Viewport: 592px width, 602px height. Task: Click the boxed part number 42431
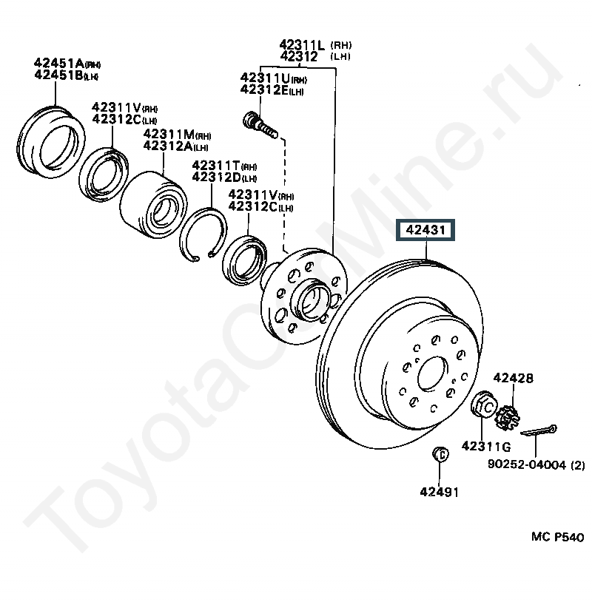point(425,230)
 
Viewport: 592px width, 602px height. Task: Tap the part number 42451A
point(58,63)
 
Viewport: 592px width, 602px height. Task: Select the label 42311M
point(169,134)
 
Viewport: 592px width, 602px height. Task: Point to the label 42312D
point(216,177)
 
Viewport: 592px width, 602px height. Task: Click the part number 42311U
point(265,78)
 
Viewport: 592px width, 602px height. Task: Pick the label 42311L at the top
point(302,44)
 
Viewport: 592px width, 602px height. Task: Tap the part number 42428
point(514,378)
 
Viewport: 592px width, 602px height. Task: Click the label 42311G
point(486,447)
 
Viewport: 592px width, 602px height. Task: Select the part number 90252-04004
point(527,464)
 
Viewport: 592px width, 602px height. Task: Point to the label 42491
point(439,492)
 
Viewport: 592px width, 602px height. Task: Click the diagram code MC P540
point(557,537)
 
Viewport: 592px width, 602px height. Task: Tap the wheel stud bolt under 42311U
point(260,124)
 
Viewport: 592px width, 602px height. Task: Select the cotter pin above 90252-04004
point(539,430)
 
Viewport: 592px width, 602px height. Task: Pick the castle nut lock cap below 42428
point(507,417)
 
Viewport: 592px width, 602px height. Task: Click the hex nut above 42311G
point(484,405)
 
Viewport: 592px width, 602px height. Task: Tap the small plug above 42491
point(440,455)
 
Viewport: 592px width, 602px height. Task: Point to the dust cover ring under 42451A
point(51,142)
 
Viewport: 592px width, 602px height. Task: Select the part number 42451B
point(58,75)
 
